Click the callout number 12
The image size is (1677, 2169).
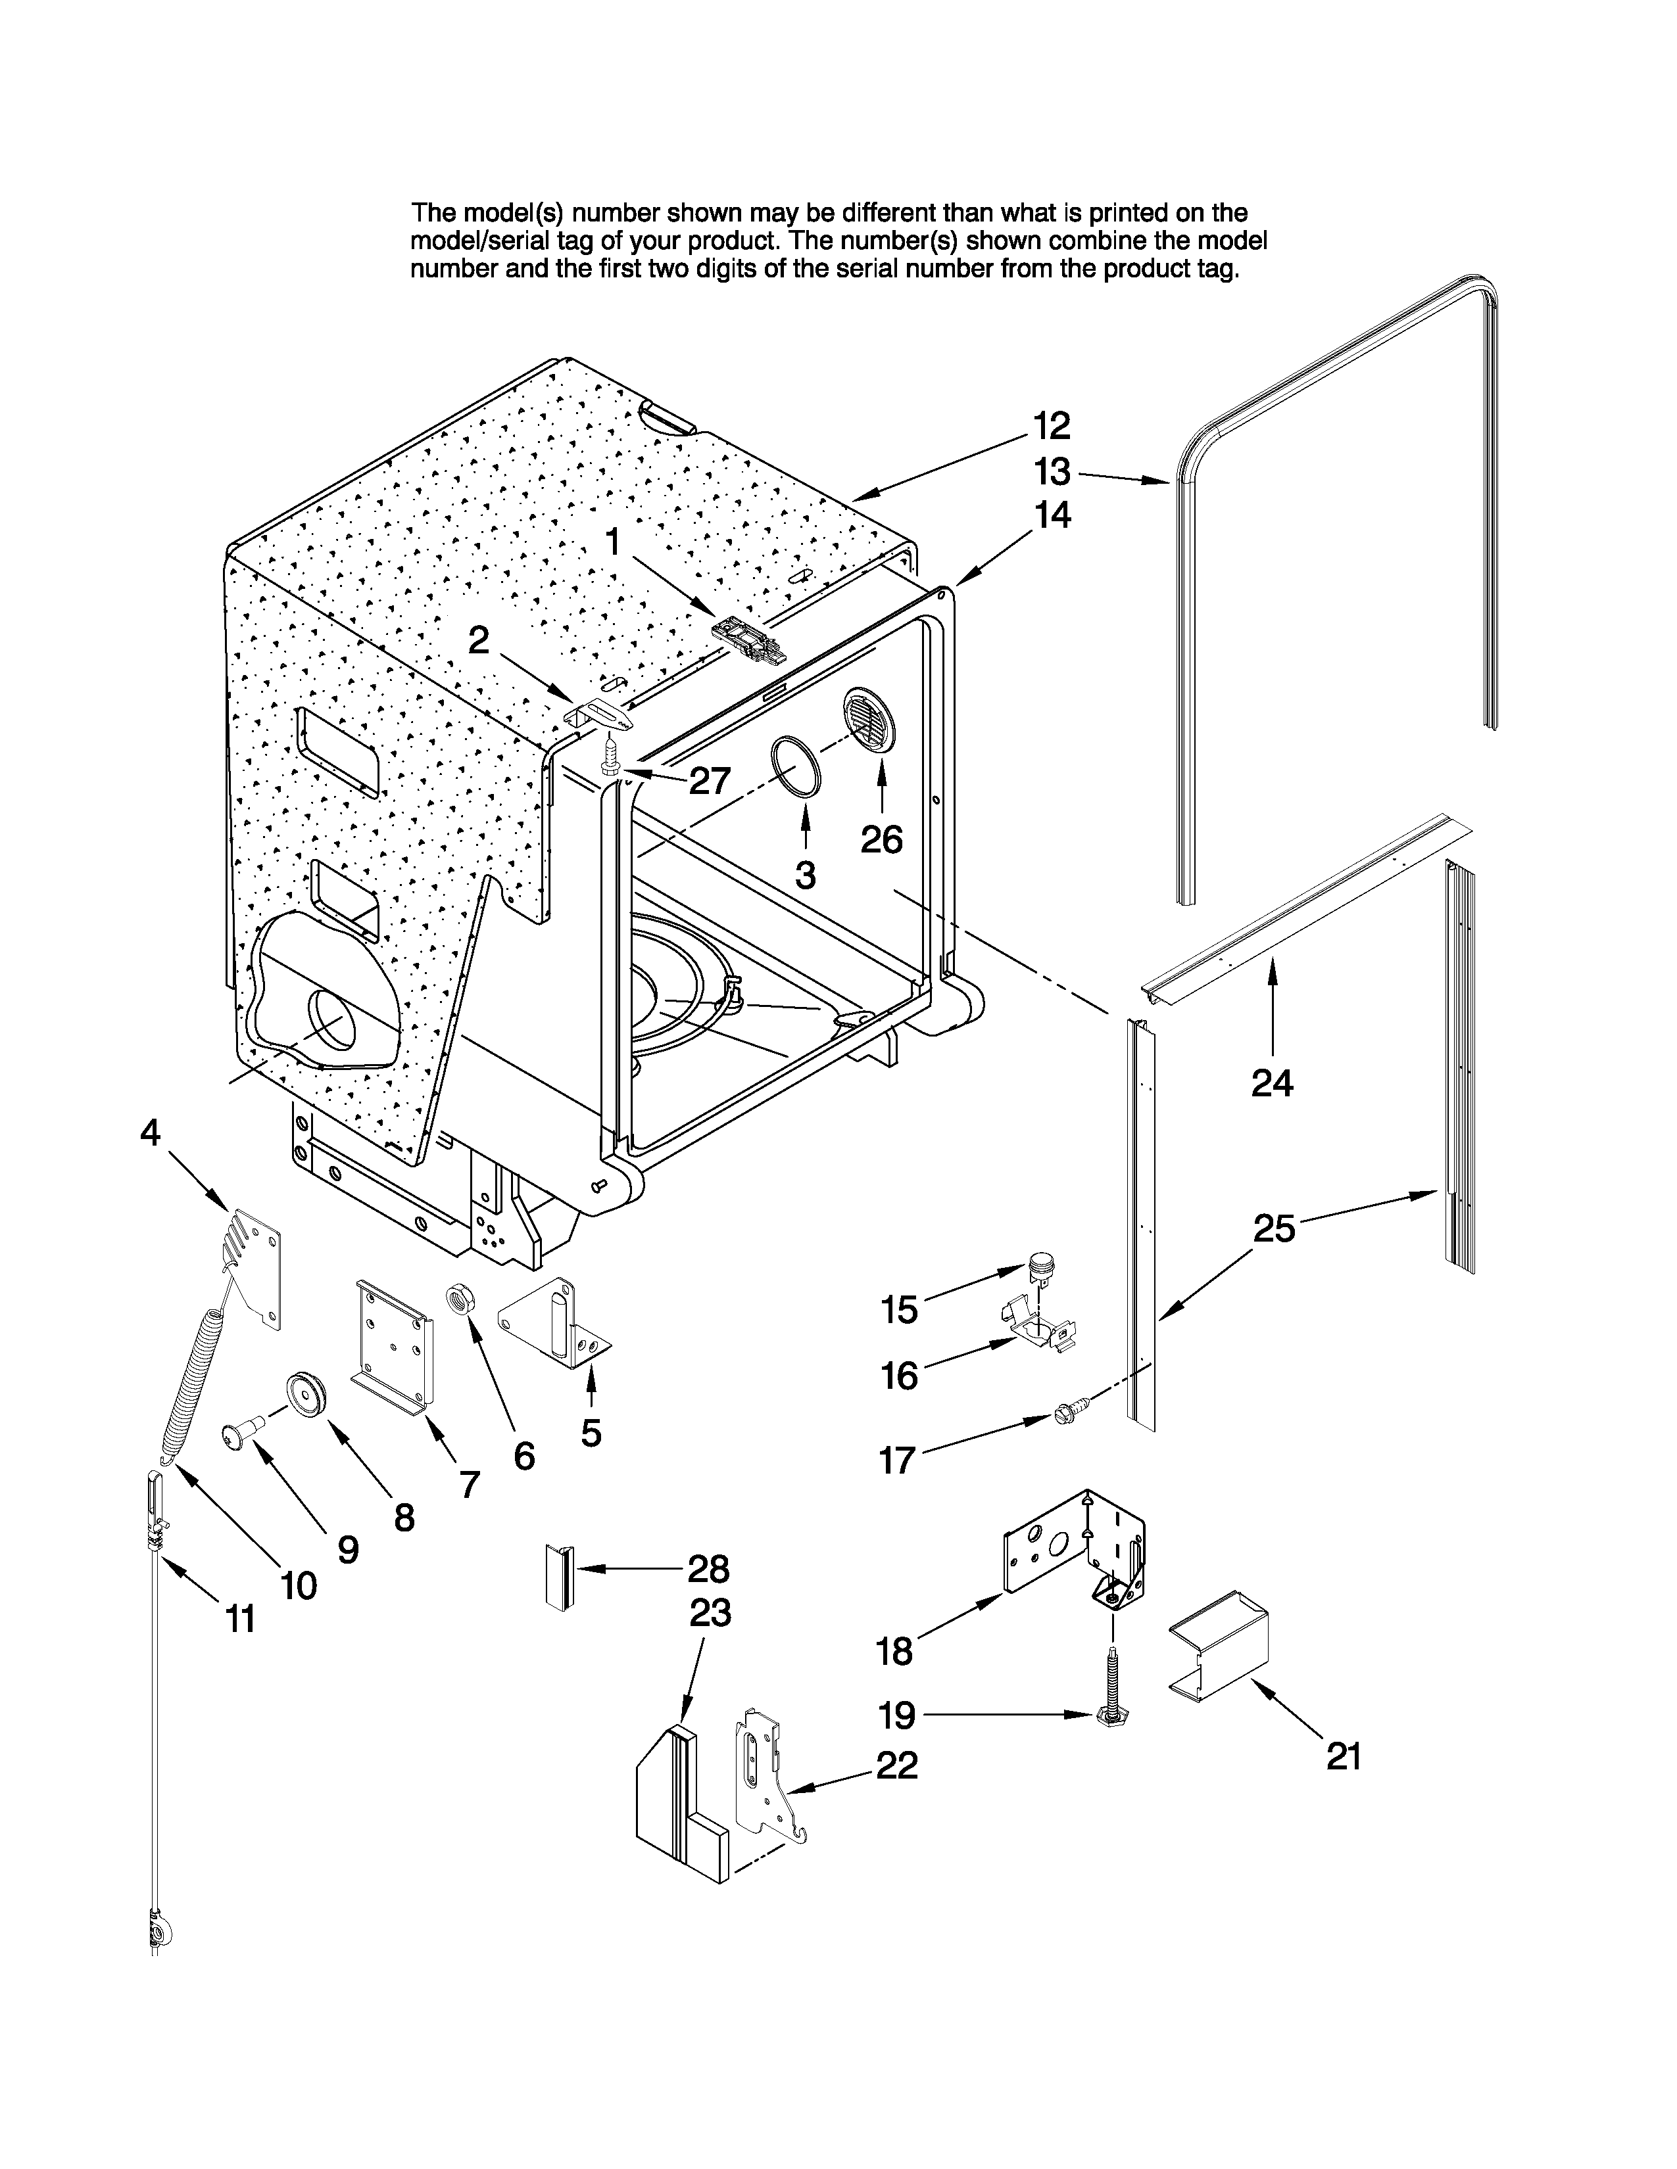tap(1051, 425)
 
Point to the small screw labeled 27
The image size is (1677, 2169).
tap(612, 760)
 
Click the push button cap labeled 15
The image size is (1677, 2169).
tap(1041, 1264)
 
